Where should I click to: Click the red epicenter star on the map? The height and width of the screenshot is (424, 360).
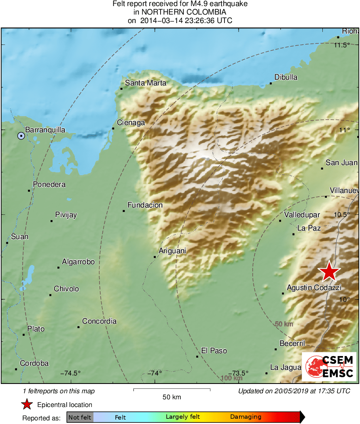(329, 271)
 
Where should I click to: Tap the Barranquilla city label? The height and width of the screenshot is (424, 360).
(45, 130)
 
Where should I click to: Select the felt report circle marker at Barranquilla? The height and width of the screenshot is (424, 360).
(21, 136)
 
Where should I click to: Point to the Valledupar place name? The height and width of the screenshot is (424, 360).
(302, 215)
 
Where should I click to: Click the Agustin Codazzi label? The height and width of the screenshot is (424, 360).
(314, 288)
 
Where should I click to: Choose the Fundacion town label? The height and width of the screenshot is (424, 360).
(145, 205)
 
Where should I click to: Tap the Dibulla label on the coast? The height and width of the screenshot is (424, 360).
(286, 77)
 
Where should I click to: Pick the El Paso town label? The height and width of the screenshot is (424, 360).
(214, 351)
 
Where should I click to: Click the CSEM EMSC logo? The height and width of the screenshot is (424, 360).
(329, 367)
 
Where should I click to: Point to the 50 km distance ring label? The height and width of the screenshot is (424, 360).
(284, 324)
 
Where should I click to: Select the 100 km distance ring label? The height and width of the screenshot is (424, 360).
(232, 378)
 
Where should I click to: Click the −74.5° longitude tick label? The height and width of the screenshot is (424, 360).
(70, 373)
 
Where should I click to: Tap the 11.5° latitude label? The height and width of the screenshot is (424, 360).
(342, 45)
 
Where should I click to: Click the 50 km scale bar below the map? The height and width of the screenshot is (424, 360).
(172, 390)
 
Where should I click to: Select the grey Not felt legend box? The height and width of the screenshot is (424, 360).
(80, 417)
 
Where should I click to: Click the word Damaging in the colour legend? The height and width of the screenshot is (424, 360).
(246, 417)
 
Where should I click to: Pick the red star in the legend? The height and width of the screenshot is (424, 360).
(27, 404)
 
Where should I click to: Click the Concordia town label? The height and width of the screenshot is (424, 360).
(99, 321)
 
